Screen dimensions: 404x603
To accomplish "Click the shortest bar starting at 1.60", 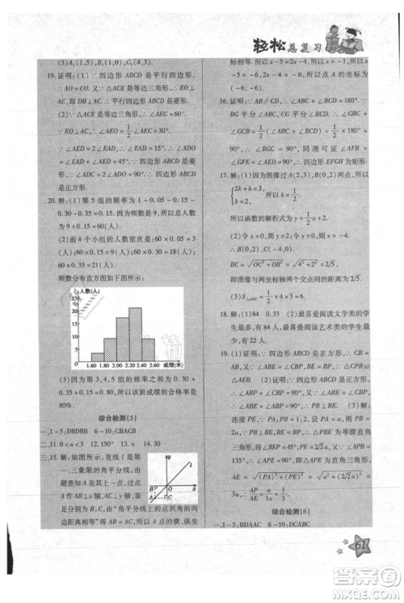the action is [96, 355].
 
